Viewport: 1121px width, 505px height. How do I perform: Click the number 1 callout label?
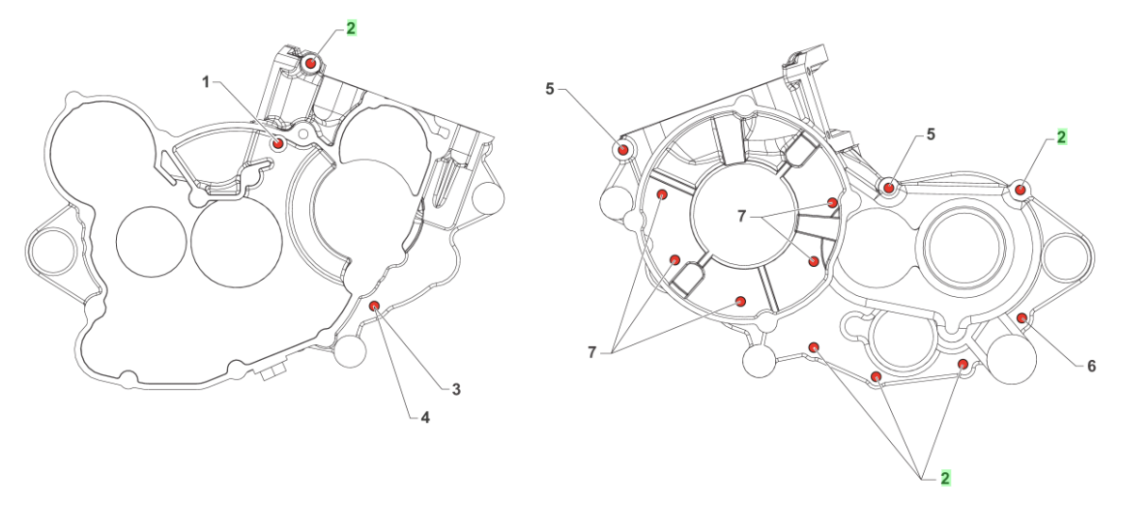click(x=205, y=83)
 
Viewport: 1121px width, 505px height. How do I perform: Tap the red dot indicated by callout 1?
click(x=278, y=144)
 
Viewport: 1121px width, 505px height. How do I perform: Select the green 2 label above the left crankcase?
click(x=351, y=28)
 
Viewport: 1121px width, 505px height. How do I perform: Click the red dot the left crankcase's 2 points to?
click(x=310, y=64)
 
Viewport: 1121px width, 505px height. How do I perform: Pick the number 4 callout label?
click(x=423, y=418)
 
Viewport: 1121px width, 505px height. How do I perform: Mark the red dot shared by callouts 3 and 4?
click(x=375, y=307)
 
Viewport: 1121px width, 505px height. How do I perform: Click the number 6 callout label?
click(x=1091, y=366)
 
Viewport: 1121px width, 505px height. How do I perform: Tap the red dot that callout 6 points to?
click(x=1021, y=318)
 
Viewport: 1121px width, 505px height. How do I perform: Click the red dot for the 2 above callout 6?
click(x=1020, y=190)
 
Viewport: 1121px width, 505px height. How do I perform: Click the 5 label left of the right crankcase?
click(x=550, y=89)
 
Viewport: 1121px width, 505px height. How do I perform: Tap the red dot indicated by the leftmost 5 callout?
click(x=624, y=150)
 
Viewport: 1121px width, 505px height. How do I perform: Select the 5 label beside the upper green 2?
click(x=931, y=134)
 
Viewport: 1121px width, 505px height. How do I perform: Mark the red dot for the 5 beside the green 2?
click(x=888, y=185)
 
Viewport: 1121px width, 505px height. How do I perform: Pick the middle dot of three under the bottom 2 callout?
click(x=876, y=376)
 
